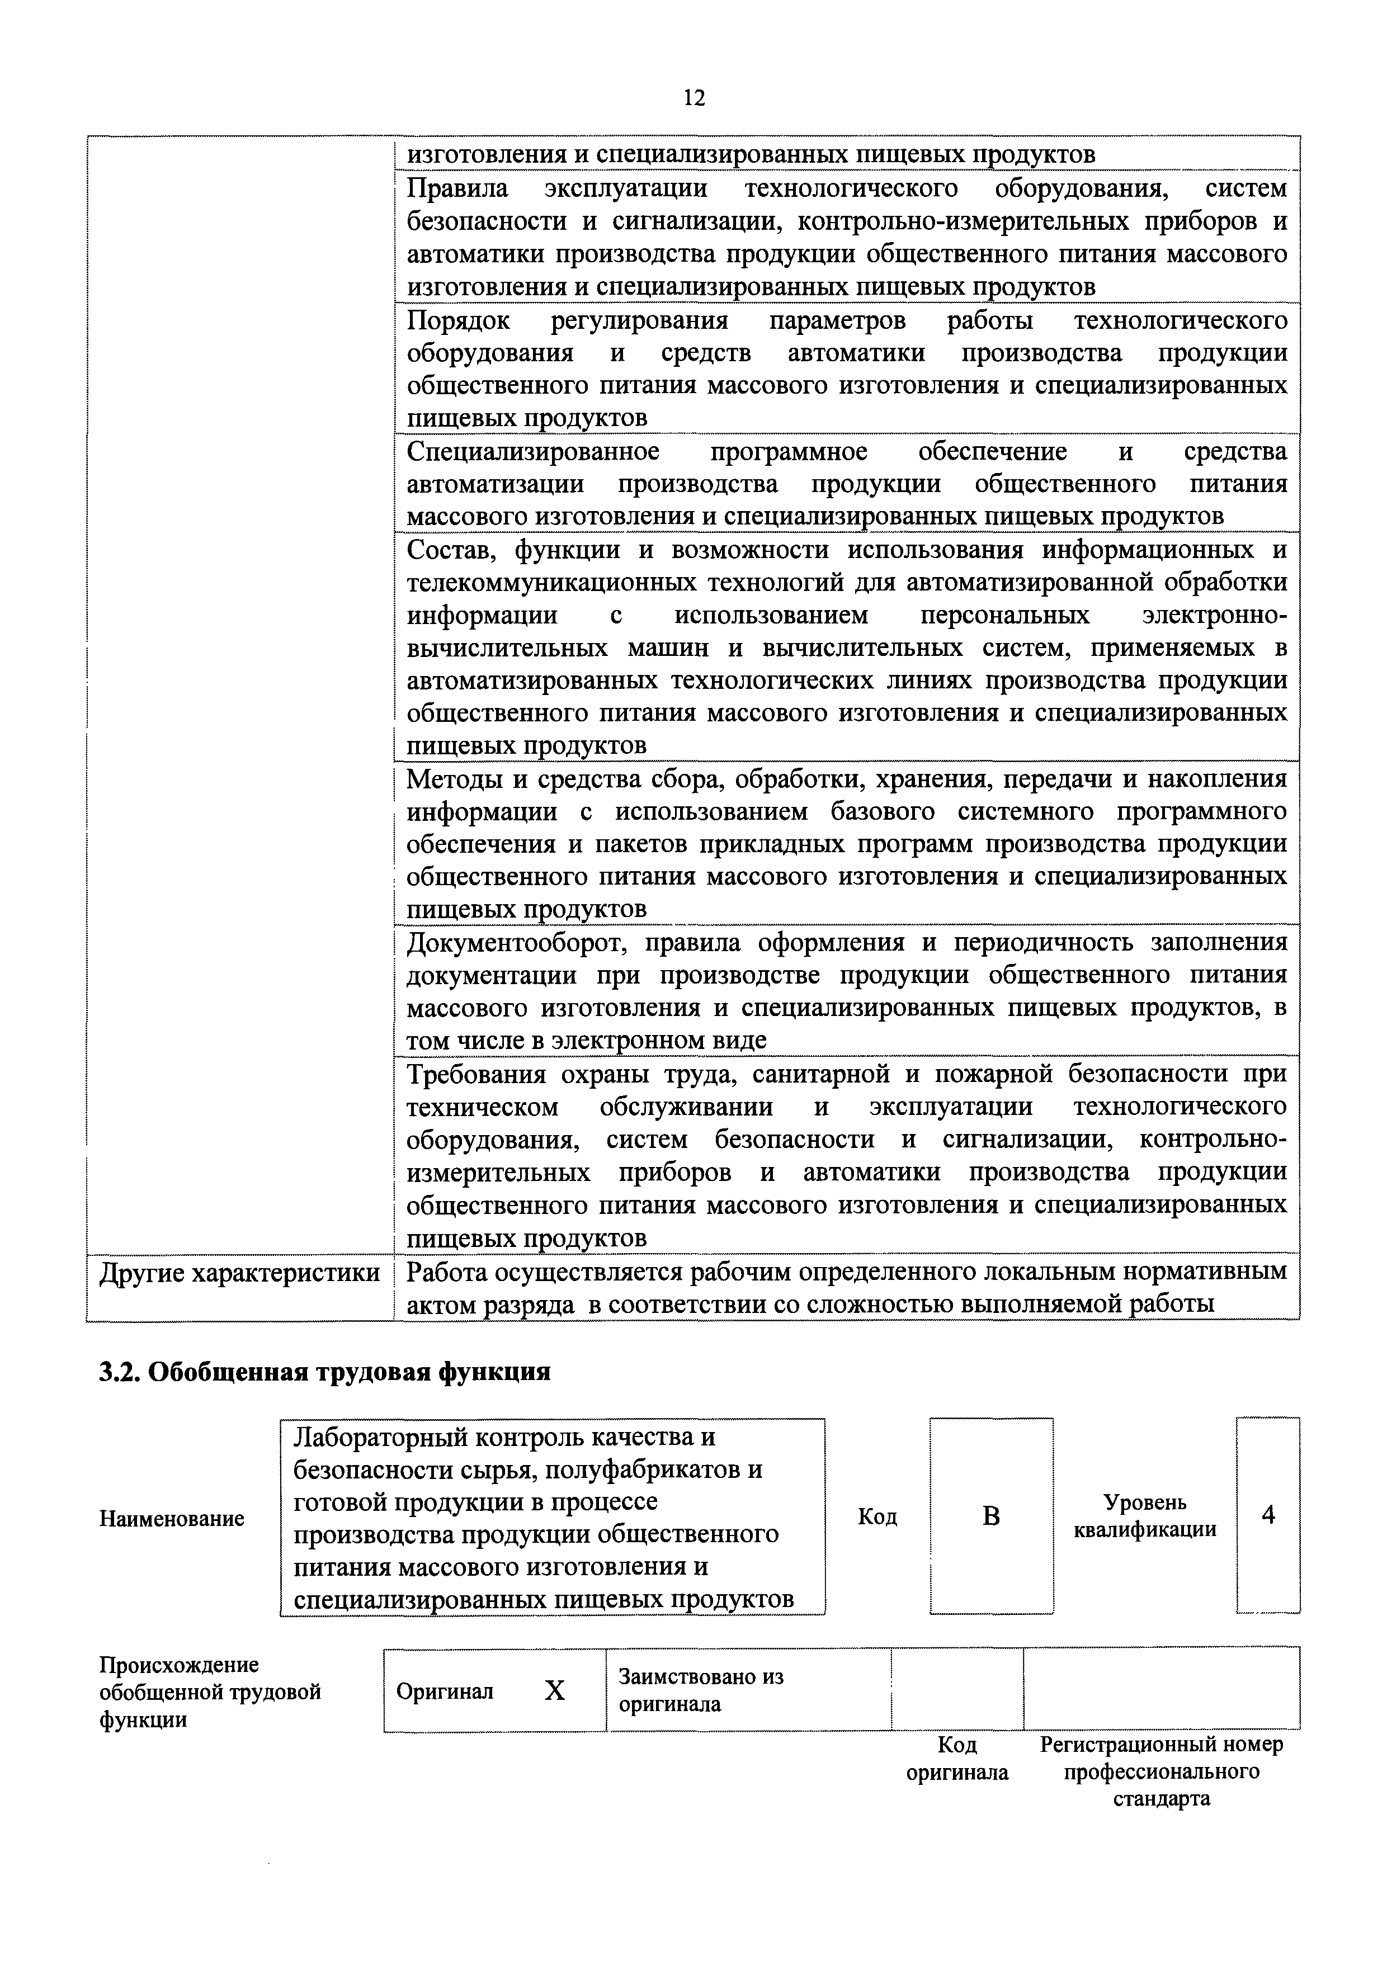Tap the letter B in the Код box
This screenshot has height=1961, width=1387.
(x=990, y=1516)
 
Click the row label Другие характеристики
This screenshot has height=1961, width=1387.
(x=240, y=1273)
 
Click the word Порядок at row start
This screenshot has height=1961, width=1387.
(x=459, y=320)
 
